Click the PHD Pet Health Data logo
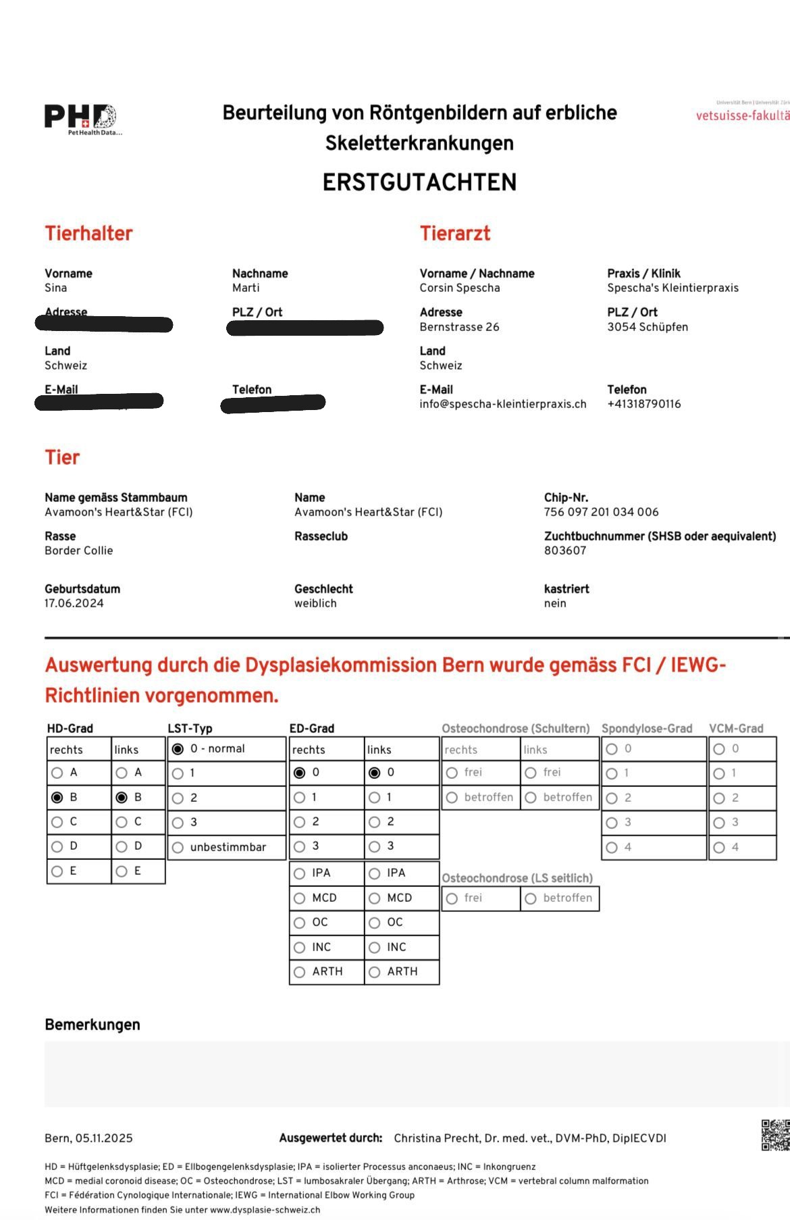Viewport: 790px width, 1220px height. coord(81,119)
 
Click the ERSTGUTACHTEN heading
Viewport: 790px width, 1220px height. coord(419,182)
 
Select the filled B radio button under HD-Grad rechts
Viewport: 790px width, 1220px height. coord(57,798)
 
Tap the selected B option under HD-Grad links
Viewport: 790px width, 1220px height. coord(122,798)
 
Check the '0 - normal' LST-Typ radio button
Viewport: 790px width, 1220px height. coord(178,749)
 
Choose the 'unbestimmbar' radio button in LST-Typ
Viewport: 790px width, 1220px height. coord(178,847)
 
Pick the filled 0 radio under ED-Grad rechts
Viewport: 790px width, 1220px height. coord(300,773)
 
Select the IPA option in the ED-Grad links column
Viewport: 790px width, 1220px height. coord(375,873)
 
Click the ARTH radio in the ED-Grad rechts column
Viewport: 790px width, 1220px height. coord(300,972)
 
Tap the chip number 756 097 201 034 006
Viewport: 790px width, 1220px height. coord(601,512)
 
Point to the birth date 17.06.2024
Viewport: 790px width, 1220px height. coord(74,603)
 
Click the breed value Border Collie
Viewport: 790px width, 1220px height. coord(78,551)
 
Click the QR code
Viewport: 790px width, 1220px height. coord(775,1135)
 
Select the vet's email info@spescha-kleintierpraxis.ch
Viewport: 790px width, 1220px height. coord(502,404)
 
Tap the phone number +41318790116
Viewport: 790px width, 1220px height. coord(643,404)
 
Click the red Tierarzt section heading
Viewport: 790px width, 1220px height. coord(454,234)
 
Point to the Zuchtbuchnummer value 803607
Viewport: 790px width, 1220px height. coord(565,551)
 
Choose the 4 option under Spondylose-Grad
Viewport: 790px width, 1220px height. coord(612,848)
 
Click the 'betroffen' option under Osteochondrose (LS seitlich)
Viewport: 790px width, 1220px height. coord(531,898)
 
